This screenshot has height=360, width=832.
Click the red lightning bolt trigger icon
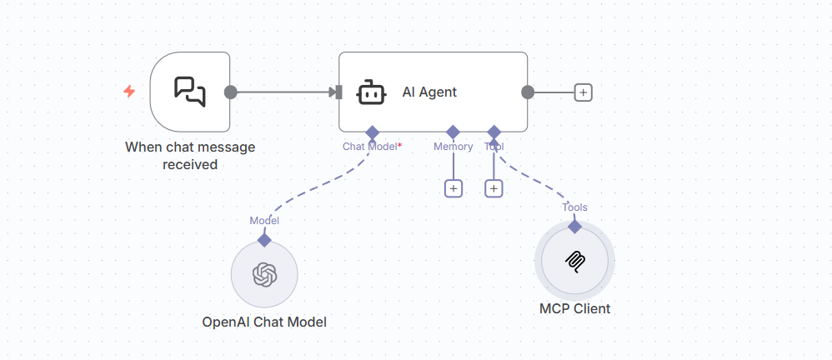pyautogui.click(x=129, y=92)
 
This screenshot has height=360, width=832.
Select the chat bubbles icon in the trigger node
pyautogui.click(x=189, y=92)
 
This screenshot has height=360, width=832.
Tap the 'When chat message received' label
pyautogui.click(x=190, y=156)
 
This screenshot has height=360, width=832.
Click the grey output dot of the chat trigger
pyautogui.click(x=231, y=92)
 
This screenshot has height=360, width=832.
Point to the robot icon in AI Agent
pyautogui.click(x=370, y=92)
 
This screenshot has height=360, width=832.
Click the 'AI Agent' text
pyautogui.click(x=429, y=92)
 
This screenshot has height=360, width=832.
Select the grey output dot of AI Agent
pyautogui.click(x=528, y=92)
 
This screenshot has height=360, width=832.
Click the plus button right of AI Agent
pyautogui.click(x=584, y=92)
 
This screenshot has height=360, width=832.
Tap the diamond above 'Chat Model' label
pyautogui.click(x=372, y=132)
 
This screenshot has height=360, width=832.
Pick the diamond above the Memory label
pyautogui.click(x=454, y=132)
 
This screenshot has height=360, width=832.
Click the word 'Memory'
pyautogui.click(x=454, y=147)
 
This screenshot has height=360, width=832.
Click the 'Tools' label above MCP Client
pyautogui.click(x=574, y=207)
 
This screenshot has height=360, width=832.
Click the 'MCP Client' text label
pyautogui.click(x=574, y=308)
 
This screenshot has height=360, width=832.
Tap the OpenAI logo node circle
pyautogui.click(x=264, y=274)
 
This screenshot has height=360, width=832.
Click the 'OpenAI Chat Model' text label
pyautogui.click(x=264, y=322)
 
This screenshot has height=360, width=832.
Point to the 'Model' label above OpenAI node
pyautogui.click(x=264, y=221)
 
